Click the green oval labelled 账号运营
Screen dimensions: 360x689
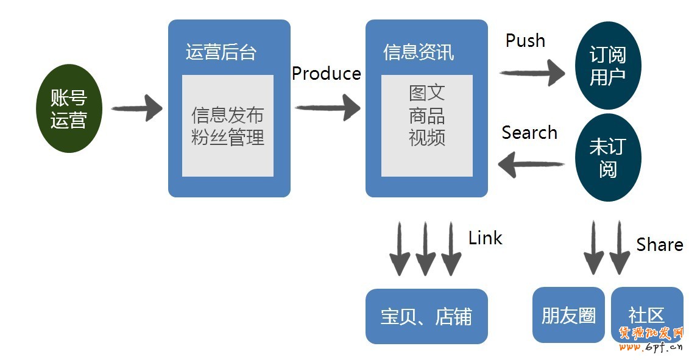tap(68, 108)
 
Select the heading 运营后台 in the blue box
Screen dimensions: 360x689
tap(221, 52)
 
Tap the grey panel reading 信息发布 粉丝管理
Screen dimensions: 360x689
tap(227, 125)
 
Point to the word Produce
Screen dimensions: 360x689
tap(326, 74)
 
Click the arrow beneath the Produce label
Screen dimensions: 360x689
tap(328, 108)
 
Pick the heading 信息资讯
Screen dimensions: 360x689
tap(418, 52)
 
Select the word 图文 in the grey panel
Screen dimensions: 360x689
tap(426, 93)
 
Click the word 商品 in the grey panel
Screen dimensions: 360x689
tap(426, 115)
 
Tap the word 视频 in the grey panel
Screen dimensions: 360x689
tap(426, 137)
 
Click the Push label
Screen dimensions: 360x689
tap(525, 41)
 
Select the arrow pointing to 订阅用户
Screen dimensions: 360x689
tap(532, 73)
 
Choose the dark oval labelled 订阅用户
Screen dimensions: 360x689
tap(607, 66)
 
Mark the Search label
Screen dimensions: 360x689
tap(529, 133)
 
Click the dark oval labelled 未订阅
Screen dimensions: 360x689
tap(607, 157)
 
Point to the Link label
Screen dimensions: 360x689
tap(485, 238)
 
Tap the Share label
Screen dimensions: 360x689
tap(659, 245)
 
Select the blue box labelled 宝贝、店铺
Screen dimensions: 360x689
tap(426, 316)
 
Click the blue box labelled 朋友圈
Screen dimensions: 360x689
tap(568, 315)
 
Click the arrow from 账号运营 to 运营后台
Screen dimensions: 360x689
tap(136, 108)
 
